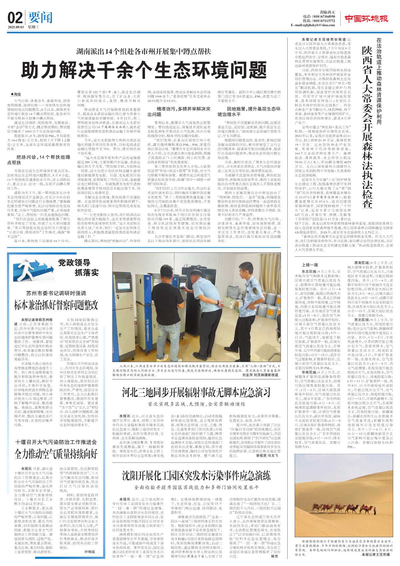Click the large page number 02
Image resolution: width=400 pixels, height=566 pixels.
click(x=15, y=18)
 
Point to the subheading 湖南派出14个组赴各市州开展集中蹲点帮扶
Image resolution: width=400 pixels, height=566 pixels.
click(x=144, y=51)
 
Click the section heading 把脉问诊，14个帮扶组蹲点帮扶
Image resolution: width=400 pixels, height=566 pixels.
click(x=39, y=160)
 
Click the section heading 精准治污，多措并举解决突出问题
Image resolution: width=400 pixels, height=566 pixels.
click(x=179, y=112)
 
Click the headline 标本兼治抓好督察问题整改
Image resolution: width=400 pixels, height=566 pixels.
click(x=56, y=305)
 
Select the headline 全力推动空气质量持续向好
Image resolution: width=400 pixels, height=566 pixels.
click(x=56, y=454)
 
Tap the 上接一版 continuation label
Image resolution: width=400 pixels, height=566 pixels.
click(x=310, y=265)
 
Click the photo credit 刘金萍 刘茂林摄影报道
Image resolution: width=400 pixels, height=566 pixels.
click(x=260, y=375)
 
